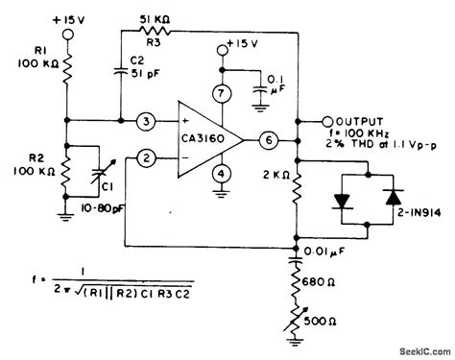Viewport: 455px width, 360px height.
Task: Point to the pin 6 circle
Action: pos(271,140)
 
